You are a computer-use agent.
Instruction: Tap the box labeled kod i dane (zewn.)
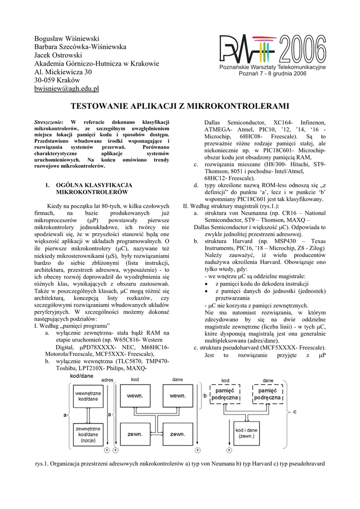pyautogui.click(x=246, y=432)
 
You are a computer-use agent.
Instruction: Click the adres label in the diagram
pyautogui.click(x=107, y=380)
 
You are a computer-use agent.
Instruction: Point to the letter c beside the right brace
pyautogui.click(x=294, y=412)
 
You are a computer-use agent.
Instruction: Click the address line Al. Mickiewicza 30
pyautogui.click(x=63, y=72)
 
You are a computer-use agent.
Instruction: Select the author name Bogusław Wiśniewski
pyautogui.click(x=67, y=38)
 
